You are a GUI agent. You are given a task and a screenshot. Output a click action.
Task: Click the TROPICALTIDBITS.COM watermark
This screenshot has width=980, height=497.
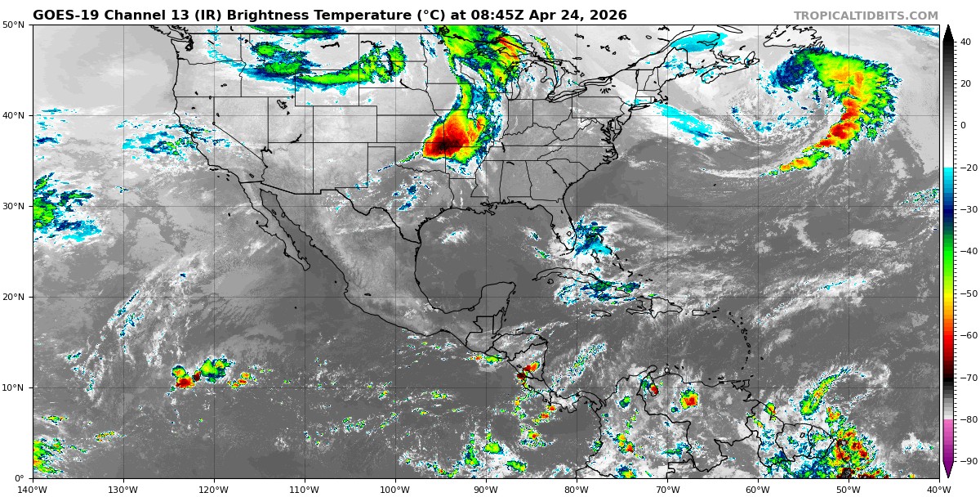pyautogui.click(x=866, y=16)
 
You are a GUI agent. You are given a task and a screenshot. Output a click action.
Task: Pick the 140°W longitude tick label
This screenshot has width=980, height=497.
pyautogui.click(x=33, y=490)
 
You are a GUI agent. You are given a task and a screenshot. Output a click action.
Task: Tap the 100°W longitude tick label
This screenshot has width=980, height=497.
pyautogui.click(x=395, y=490)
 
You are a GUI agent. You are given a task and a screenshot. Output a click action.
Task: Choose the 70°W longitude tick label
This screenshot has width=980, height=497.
pyautogui.click(x=667, y=490)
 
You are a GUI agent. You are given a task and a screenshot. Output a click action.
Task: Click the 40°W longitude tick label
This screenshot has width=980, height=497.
pyautogui.click(x=939, y=490)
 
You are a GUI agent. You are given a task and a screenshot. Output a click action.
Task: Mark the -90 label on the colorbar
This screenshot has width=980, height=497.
pyautogui.click(x=966, y=462)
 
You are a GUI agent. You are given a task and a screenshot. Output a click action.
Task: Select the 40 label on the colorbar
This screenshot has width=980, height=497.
pyautogui.click(x=964, y=42)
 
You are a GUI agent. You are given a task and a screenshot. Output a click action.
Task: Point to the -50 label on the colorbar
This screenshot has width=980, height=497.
pyautogui.click(x=966, y=293)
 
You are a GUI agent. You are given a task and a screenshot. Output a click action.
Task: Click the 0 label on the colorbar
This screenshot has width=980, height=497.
pyautogui.click(x=962, y=126)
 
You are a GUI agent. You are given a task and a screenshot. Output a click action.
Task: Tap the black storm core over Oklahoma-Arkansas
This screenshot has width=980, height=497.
pyautogui.click(x=444, y=146)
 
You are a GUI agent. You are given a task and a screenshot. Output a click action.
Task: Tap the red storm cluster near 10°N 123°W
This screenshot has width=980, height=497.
pyautogui.click(x=185, y=381)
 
